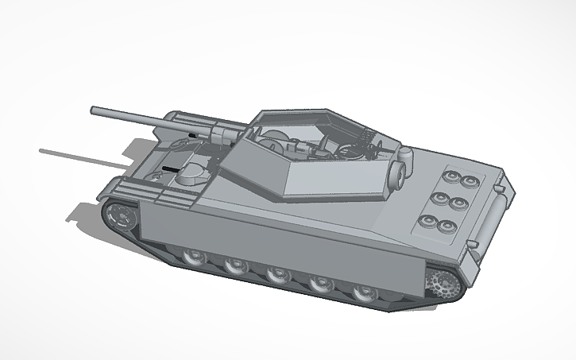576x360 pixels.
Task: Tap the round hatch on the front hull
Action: tap(190, 172)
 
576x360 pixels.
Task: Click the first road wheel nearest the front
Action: tap(192, 257)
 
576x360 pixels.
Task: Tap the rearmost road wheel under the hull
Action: tap(363, 292)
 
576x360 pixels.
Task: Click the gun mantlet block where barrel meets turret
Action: tap(215, 132)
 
